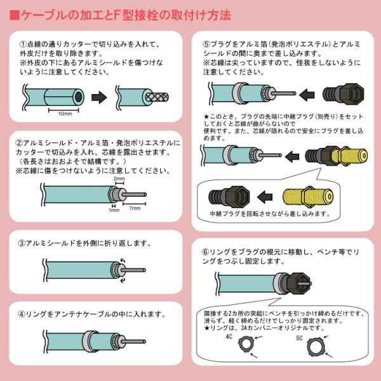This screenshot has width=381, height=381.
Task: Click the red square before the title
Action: [x=15, y=15]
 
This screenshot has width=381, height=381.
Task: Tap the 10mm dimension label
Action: [x=65, y=114]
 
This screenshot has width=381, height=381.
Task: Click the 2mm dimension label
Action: [x=119, y=178]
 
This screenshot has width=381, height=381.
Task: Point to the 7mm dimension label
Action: [x=135, y=208]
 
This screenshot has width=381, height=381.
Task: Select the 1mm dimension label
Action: [x=114, y=210]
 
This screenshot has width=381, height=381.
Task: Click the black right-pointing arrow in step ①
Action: [x=99, y=97]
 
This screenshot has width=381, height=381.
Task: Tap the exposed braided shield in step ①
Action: [x=157, y=97]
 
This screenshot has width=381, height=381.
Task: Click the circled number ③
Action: [x=22, y=243]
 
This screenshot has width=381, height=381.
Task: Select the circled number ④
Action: [x=22, y=314]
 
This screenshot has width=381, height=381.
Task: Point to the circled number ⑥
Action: [x=206, y=252]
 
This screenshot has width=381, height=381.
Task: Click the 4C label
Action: [x=229, y=337]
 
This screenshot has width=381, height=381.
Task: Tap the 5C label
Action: [x=299, y=338]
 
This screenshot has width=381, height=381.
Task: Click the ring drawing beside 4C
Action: [x=240, y=344]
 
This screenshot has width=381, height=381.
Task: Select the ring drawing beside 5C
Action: [x=310, y=347]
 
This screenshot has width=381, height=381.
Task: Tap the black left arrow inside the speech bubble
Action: [x=265, y=197]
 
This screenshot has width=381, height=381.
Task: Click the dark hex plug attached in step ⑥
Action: [x=298, y=283]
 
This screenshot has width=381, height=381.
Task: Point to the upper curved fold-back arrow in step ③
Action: [x=123, y=260]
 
